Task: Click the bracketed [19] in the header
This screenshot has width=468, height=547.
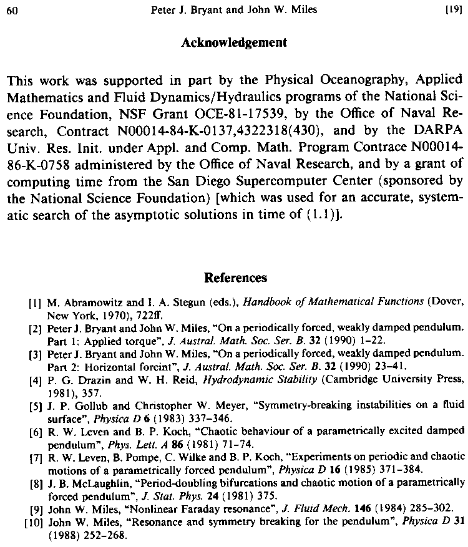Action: (454, 9)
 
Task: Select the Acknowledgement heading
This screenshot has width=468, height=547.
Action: (234, 43)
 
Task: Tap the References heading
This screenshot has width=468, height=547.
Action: (235, 278)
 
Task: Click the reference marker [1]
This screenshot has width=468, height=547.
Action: (35, 304)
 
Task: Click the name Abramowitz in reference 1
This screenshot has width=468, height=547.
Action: (82, 303)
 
